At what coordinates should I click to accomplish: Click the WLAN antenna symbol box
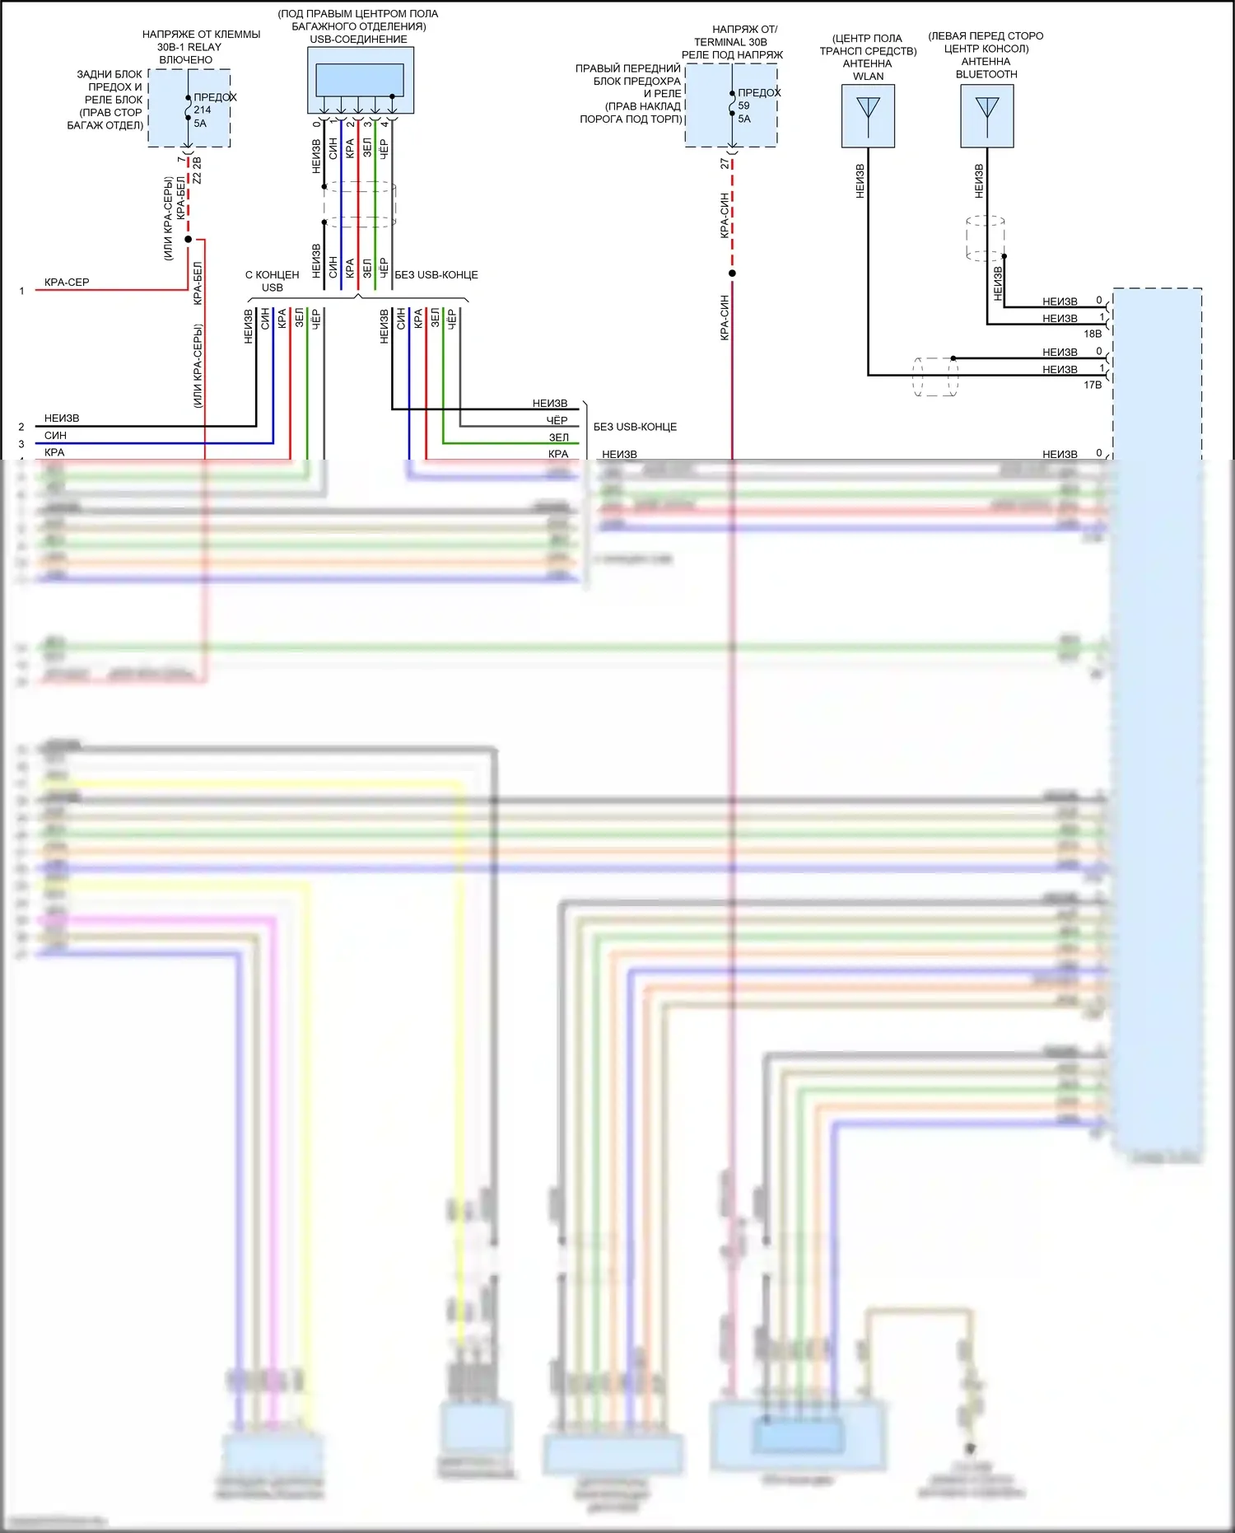pos(868,116)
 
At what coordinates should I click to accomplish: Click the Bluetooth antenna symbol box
pos(986,116)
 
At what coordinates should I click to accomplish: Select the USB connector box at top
pos(360,80)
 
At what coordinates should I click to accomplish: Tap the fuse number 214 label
pos(203,110)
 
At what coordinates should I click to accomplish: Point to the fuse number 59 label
pos(744,105)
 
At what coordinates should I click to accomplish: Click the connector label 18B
pos(1093,334)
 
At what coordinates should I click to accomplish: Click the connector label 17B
pos(1093,385)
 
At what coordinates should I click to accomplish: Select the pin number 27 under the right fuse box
pos(725,164)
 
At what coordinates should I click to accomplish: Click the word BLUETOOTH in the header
pos(986,74)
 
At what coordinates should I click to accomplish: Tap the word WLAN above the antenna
pos(868,77)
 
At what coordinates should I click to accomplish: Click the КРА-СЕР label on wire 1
pos(67,282)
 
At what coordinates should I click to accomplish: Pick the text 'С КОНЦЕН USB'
pos(273,281)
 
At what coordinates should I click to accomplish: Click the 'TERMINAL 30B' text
pos(730,42)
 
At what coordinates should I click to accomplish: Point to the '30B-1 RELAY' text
pos(189,47)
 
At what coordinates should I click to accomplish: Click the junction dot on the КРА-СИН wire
pos(732,273)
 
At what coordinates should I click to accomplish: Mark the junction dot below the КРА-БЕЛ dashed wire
pos(188,240)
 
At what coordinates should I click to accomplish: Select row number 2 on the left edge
pos(21,427)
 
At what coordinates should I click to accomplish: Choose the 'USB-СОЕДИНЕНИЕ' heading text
pos(358,39)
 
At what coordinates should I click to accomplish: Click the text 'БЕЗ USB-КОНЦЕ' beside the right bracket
pos(635,427)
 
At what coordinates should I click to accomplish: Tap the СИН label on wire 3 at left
pos(55,435)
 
